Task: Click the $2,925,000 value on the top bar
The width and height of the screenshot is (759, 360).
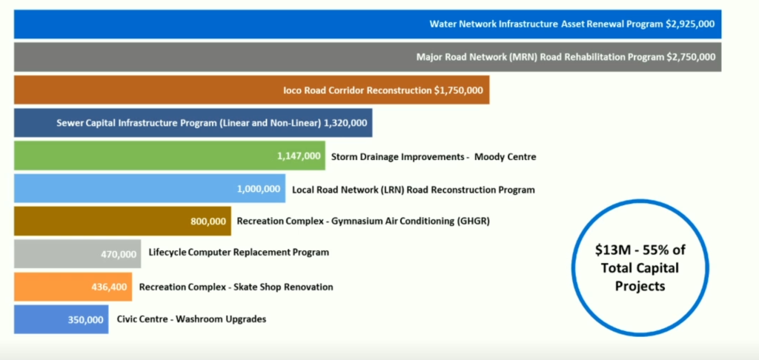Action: pos(690,24)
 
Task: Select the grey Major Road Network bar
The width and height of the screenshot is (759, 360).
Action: pos(368,57)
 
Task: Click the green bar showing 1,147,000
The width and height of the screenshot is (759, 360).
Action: pos(170,156)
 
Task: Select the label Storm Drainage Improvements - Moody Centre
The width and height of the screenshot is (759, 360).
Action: pos(434,157)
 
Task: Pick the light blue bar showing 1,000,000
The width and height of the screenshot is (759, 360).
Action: pos(150,188)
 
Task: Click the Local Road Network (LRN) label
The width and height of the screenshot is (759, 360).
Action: pos(414,190)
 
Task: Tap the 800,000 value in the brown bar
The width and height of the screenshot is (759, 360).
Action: pos(208,221)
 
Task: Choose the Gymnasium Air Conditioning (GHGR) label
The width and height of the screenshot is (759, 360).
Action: pos(363,221)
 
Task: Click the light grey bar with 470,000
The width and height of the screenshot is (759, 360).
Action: pos(77,253)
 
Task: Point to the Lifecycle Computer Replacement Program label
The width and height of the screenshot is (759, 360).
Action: pos(239,253)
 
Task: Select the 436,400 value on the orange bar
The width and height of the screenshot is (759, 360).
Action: pos(110,287)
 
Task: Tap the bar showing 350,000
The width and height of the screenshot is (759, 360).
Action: pos(61,319)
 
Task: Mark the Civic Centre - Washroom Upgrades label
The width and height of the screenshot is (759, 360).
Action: pos(192,319)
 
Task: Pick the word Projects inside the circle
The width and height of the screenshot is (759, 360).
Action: pos(640,286)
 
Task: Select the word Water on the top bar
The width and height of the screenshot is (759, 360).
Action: pos(442,24)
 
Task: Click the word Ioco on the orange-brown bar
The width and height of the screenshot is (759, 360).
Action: pos(293,90)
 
